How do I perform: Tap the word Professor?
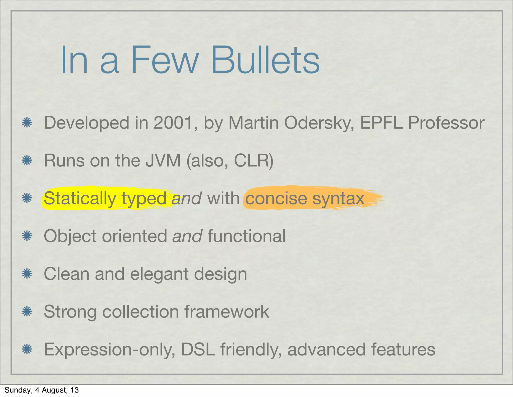[446, 123]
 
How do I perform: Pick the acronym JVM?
[163, 160]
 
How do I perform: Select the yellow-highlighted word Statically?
[80, 198]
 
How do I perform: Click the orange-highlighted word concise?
[276, 198]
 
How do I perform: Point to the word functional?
[247, 236]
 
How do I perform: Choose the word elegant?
[159, 274]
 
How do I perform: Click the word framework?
[227, 312]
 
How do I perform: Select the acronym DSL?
[198, 349]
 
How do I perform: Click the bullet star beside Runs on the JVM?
[27, 160]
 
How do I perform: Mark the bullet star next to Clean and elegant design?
[27, 274]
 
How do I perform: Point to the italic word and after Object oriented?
[187, 236]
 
